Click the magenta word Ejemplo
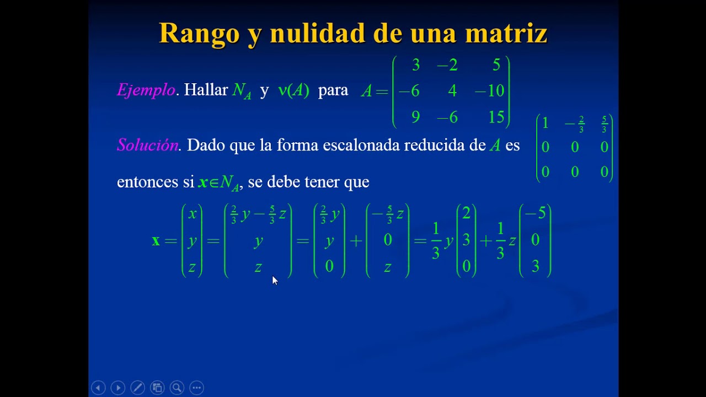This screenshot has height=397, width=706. point(146,90)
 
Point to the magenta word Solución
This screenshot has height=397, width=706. point(147,145)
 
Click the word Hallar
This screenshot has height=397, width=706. point(206,90)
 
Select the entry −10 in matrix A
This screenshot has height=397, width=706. point(490,91)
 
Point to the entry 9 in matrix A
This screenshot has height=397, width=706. point(415,117)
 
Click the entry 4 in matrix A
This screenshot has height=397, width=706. point(452,91)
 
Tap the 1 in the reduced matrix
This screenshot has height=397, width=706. point(545,123)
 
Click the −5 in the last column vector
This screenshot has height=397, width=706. point(534,213)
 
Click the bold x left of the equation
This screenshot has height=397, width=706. point(156,240)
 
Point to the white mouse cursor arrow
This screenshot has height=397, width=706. point(275,280)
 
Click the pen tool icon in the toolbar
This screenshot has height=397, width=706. point(137,388)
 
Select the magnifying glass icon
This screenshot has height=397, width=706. point(176,388)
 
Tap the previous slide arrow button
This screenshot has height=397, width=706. point(98,388)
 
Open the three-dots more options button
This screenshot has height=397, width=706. point(196,388)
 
